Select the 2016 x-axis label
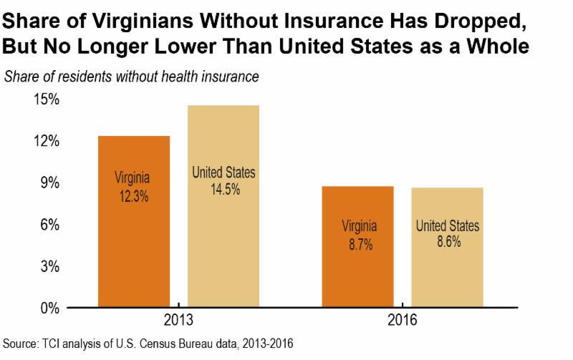402,321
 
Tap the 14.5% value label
223,190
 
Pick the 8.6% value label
447,243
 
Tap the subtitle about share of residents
132,75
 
